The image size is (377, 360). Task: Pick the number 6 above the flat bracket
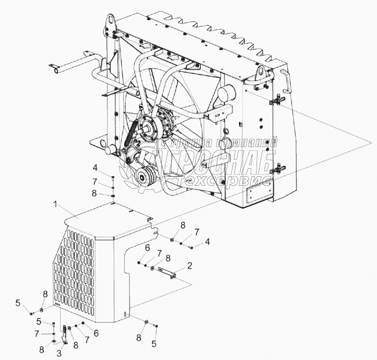click(x=147, y=248)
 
